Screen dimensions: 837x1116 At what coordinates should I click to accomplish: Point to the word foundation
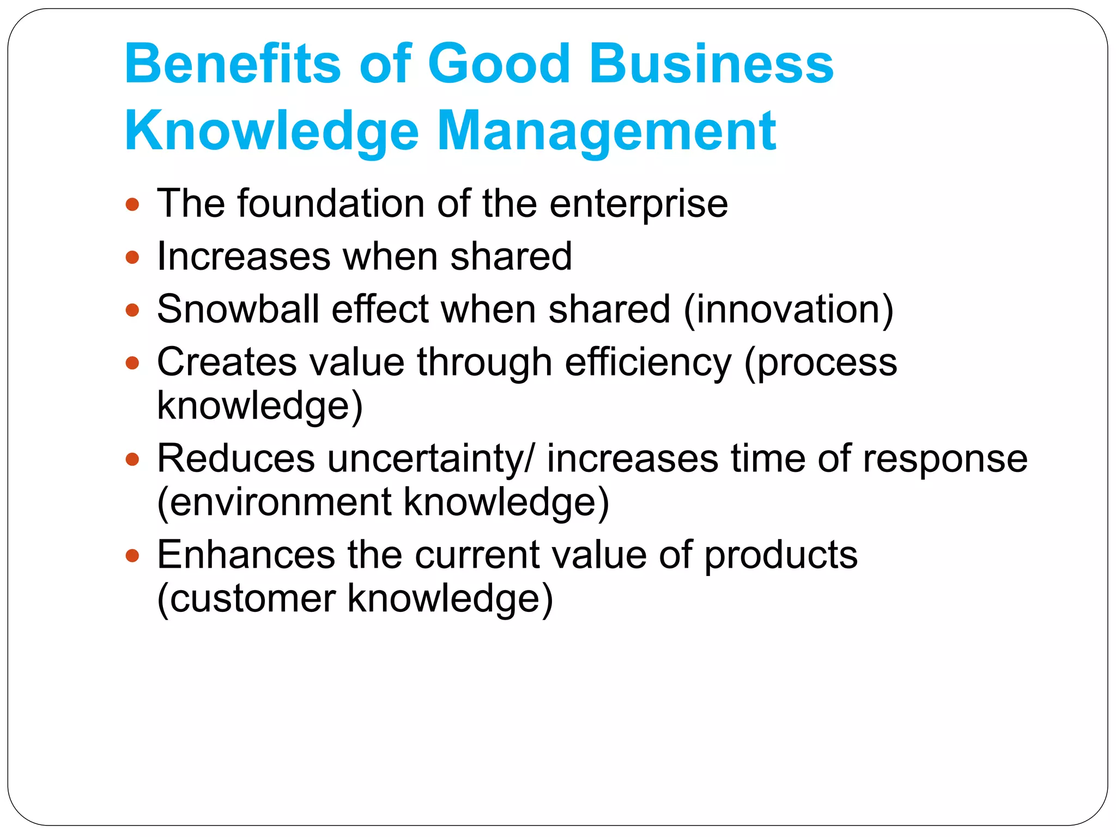click(x=331, y=204)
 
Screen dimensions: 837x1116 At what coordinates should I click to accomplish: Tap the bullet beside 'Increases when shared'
click(x=132, y=257)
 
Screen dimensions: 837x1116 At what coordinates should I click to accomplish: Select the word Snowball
click(x=238, y=309)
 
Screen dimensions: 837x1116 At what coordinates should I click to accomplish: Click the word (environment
click(x=274, y=502)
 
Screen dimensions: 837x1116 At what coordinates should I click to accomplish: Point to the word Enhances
click(x=246, y=555)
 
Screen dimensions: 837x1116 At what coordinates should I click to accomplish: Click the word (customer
click(x=246, y=598)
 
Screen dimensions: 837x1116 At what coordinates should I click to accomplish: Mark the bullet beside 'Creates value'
click(x=132, y=363)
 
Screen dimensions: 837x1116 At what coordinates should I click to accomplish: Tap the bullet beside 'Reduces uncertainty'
click(x=132, y=459)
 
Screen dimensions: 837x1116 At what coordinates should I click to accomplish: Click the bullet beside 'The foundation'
click(x=132, y=205)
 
